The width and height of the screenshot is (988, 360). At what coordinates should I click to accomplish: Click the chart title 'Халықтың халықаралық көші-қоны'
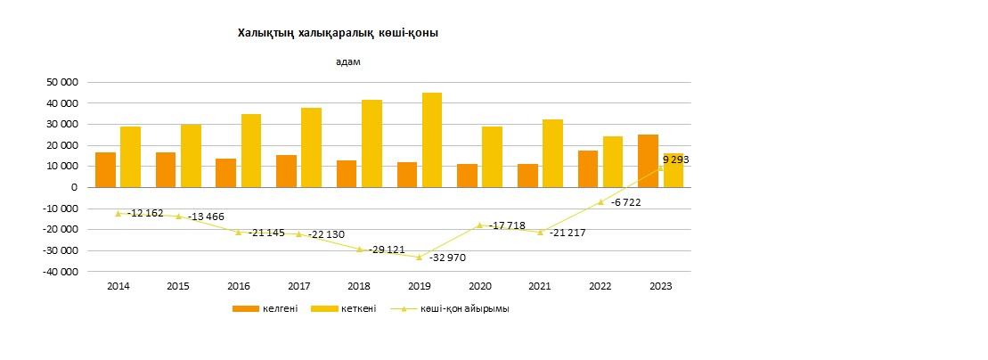click(338, 33)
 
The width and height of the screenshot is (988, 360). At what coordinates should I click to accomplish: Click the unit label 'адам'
click(347, 61)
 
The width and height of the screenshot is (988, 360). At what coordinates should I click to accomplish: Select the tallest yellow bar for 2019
click(431, 140)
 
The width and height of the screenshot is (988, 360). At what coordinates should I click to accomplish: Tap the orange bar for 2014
click(105, 170)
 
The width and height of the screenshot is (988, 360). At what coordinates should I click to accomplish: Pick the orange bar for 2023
click(649, 161)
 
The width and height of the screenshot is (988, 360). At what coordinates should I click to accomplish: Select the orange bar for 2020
click(467, 176)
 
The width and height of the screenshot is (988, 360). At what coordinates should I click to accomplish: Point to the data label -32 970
click(447, 258)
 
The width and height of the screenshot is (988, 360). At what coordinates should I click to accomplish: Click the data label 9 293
click(675, 160)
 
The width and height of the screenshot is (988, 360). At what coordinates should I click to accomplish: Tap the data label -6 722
click(625, 202)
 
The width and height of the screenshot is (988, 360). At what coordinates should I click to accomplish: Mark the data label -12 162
click(145, 214)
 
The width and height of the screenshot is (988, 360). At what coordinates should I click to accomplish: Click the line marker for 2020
click(479, 225)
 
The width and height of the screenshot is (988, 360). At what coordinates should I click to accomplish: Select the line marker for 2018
click(360, 250)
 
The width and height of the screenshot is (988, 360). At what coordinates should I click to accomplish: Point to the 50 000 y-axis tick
click(61, 82)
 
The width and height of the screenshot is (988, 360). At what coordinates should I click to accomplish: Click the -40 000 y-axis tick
click(59, 272)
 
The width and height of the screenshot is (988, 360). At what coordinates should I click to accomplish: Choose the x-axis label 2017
click(298, 286)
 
